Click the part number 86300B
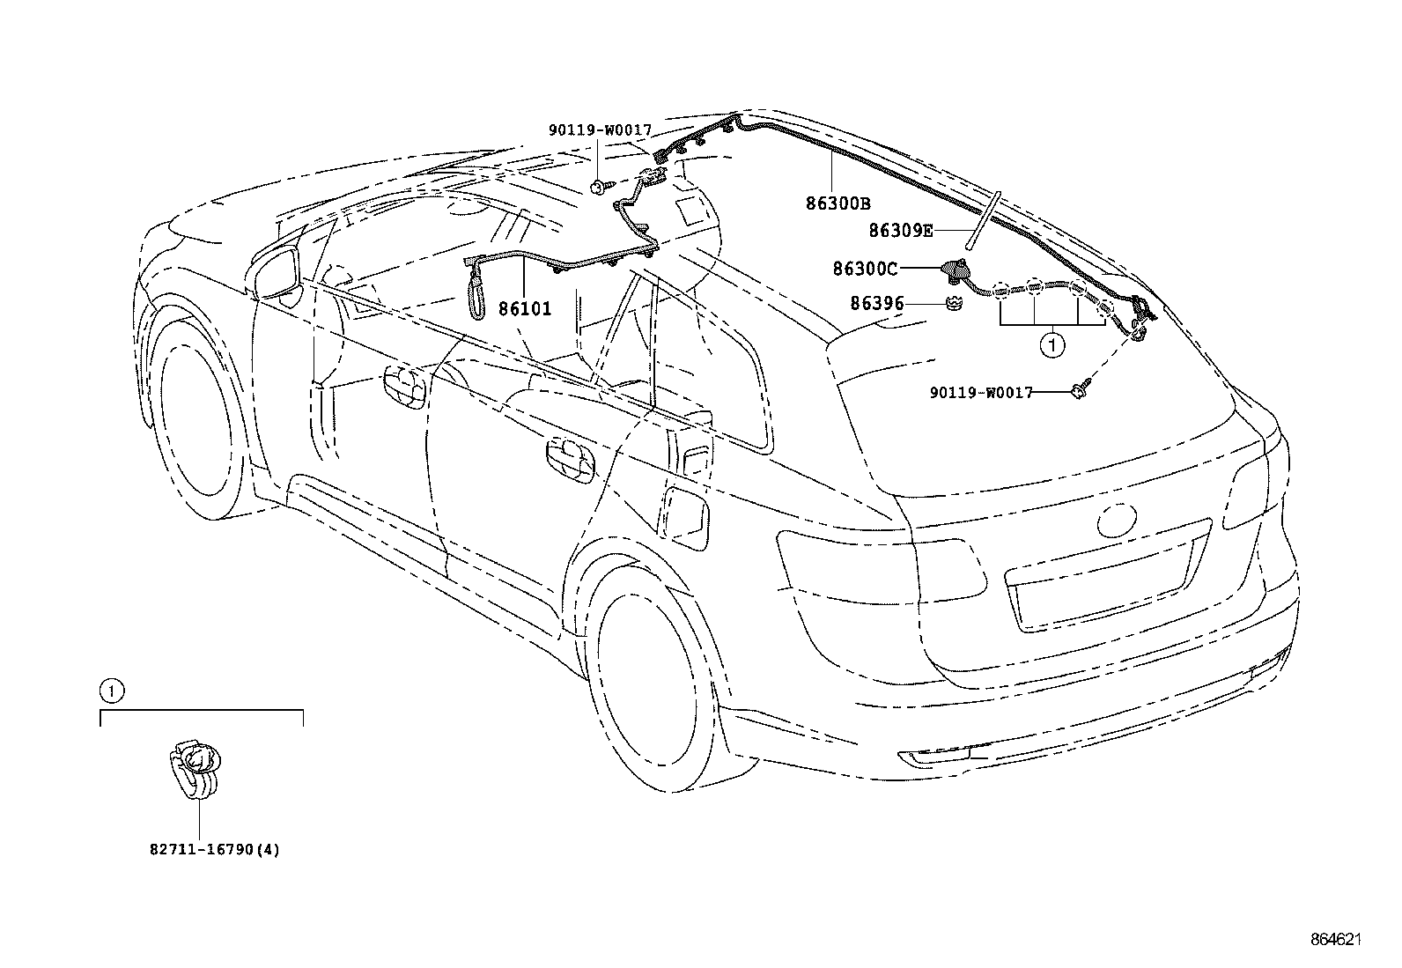(838, 204)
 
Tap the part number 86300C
(866, 268)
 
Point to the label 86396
(877, 304)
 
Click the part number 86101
(525, 309)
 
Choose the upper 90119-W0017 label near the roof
(600, 130)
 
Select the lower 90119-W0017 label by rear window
(980, 393)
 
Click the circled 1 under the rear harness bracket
(1051, 345)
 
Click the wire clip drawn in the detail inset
(196, 767)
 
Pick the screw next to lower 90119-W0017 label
(1080, 390)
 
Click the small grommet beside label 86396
(952, 304)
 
